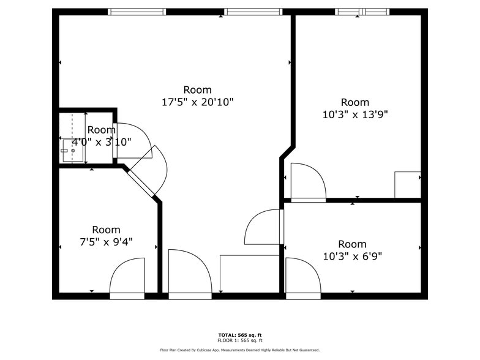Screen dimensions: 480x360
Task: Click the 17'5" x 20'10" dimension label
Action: click(197, 102)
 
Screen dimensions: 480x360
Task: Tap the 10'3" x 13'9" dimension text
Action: click(355, 114)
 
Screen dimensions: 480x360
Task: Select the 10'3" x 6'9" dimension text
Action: click(353, 256)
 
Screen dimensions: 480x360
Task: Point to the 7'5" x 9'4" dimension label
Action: click(106, 242)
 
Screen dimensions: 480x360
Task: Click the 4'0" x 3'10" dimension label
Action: click(102, 142)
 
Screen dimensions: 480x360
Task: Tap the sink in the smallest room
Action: click(72, 151)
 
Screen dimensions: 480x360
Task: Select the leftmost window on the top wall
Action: click(137, 12)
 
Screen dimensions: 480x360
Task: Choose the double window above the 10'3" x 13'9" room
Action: click(362, 12)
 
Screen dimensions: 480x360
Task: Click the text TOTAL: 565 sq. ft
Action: click(240, 336)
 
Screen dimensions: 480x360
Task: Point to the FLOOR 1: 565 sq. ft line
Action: click(240, 340)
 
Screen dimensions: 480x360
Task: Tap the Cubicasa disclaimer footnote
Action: click(240, 350)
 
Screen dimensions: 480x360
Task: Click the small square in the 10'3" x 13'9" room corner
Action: click(408, 185)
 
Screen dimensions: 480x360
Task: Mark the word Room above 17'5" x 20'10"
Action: click(197, 90)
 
